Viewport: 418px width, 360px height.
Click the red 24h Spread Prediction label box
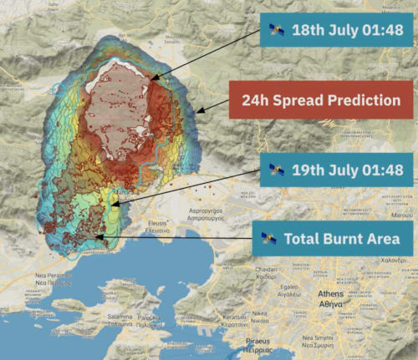pyautogui.click(x=321, y=100)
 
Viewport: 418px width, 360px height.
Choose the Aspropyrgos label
pyautogui.click(x=210, y=209)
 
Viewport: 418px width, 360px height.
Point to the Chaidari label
pyautogui.click(x=267, y=270)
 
